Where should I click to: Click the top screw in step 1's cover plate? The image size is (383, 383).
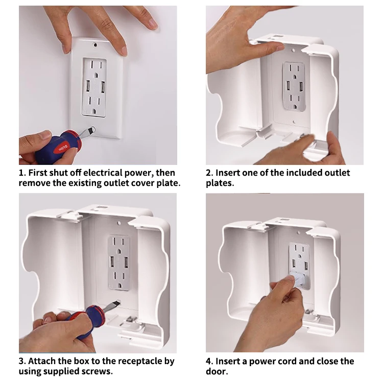pyautogui.click(x=95, y=45)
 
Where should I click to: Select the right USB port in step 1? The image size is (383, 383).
pyautogui.click(x=103, y=86)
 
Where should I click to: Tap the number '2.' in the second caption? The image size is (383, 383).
pyautogui.click(x=209, y=173)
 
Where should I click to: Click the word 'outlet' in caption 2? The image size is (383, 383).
pyautogui.click(x=337, y=173)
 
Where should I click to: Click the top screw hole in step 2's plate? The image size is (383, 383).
pyautogui.click(x=294, y=51)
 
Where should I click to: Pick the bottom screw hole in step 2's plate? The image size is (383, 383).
pyautogui.click(x=294, y=122)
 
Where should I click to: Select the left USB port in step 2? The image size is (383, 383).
pyautogui.click(x=288, y=86)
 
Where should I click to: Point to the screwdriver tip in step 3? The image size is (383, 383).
pyautogui.click(x=118, y=302)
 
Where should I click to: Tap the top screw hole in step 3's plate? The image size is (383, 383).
pyautogui.click(x=119, y=223)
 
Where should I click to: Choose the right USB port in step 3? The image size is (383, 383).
pyautogui.click(x=126, y=263)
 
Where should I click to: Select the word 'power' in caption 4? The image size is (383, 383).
pyautogui.click(x=260, y=362)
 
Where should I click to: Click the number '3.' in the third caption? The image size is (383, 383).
pyautogui.click(x=22, y=361)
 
